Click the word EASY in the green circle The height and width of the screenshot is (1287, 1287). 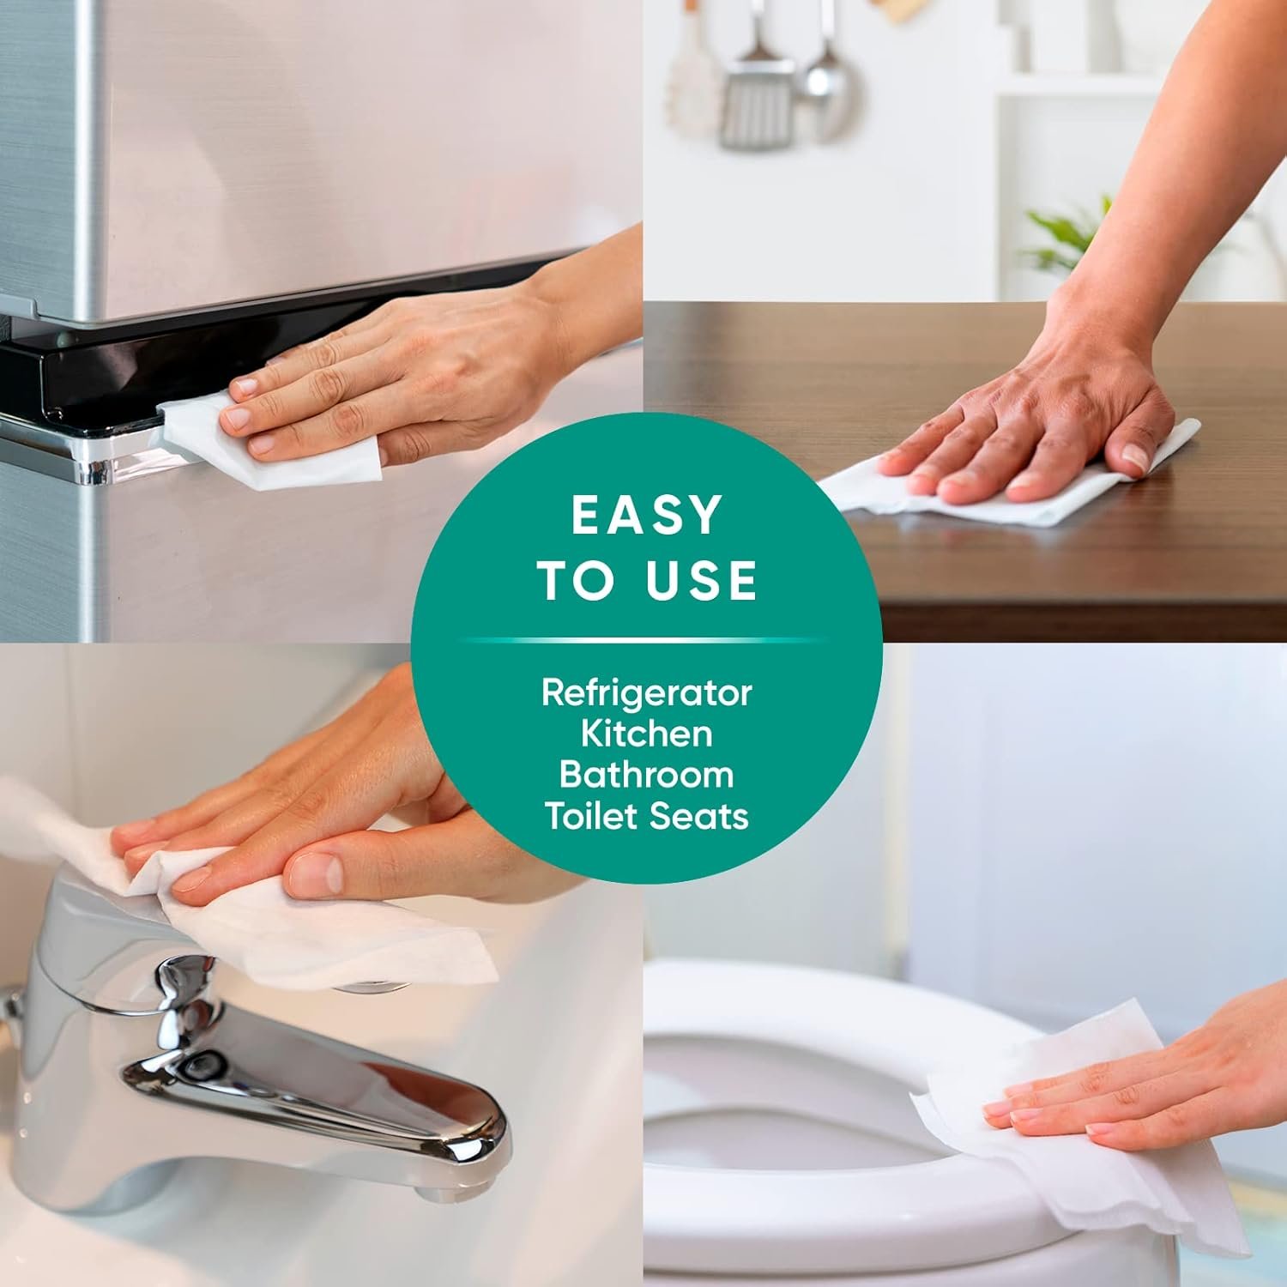(645, 515)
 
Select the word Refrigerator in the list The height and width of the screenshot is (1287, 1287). (646, 693)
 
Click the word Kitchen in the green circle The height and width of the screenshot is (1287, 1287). (646, 734)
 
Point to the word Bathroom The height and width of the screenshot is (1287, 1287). (646, 774)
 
